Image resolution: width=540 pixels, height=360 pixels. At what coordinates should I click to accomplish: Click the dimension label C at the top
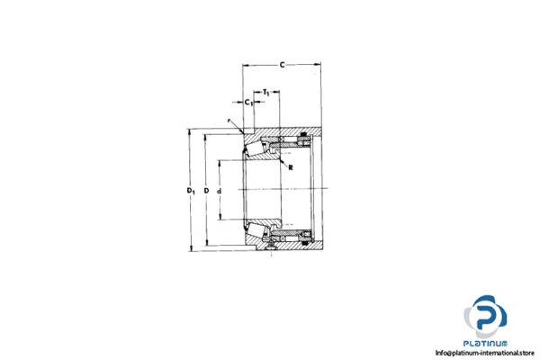pyautogui.click(x=283, y=64)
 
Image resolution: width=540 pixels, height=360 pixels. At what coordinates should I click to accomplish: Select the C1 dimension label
pyautogui.click(x=248, y=102)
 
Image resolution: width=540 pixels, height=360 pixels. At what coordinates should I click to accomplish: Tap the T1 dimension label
pyautogui.click(x=268, y=93)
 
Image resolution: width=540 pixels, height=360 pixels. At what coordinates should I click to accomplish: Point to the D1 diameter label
pyautogui.click(x=189, y=190)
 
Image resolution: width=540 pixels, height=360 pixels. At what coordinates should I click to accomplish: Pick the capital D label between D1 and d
pyautogui.click(x=206, y=190)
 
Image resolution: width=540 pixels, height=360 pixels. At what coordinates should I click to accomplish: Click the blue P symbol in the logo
pyautogui.click(x=485, y=318)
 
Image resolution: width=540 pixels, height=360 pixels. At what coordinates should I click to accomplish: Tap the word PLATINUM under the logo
pyautogui.click(x=487, y=343)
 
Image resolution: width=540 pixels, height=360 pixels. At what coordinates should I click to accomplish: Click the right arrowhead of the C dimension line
pyautogui.click(x=319, y=65)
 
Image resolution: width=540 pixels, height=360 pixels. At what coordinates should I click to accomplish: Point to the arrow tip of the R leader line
pyautogui.click(x=279, y=159)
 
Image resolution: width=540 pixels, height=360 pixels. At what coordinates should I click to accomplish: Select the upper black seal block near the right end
pyautogui.click(x=305, y=136)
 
